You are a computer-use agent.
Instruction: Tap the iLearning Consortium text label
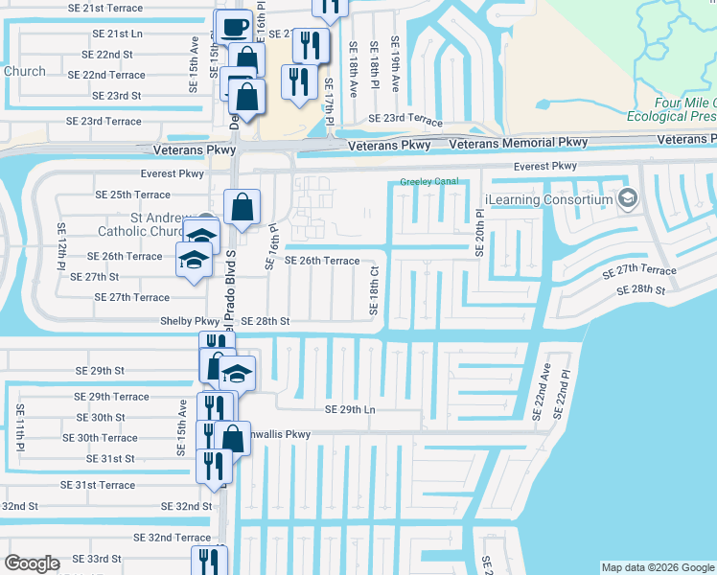point(548,199)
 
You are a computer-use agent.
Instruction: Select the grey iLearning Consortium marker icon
point(629,198)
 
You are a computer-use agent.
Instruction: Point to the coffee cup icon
point(234,27)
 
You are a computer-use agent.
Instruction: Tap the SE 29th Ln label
point(350,409)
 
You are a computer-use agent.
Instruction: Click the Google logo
point(32,563)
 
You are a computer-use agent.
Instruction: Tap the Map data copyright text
point(657,567)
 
